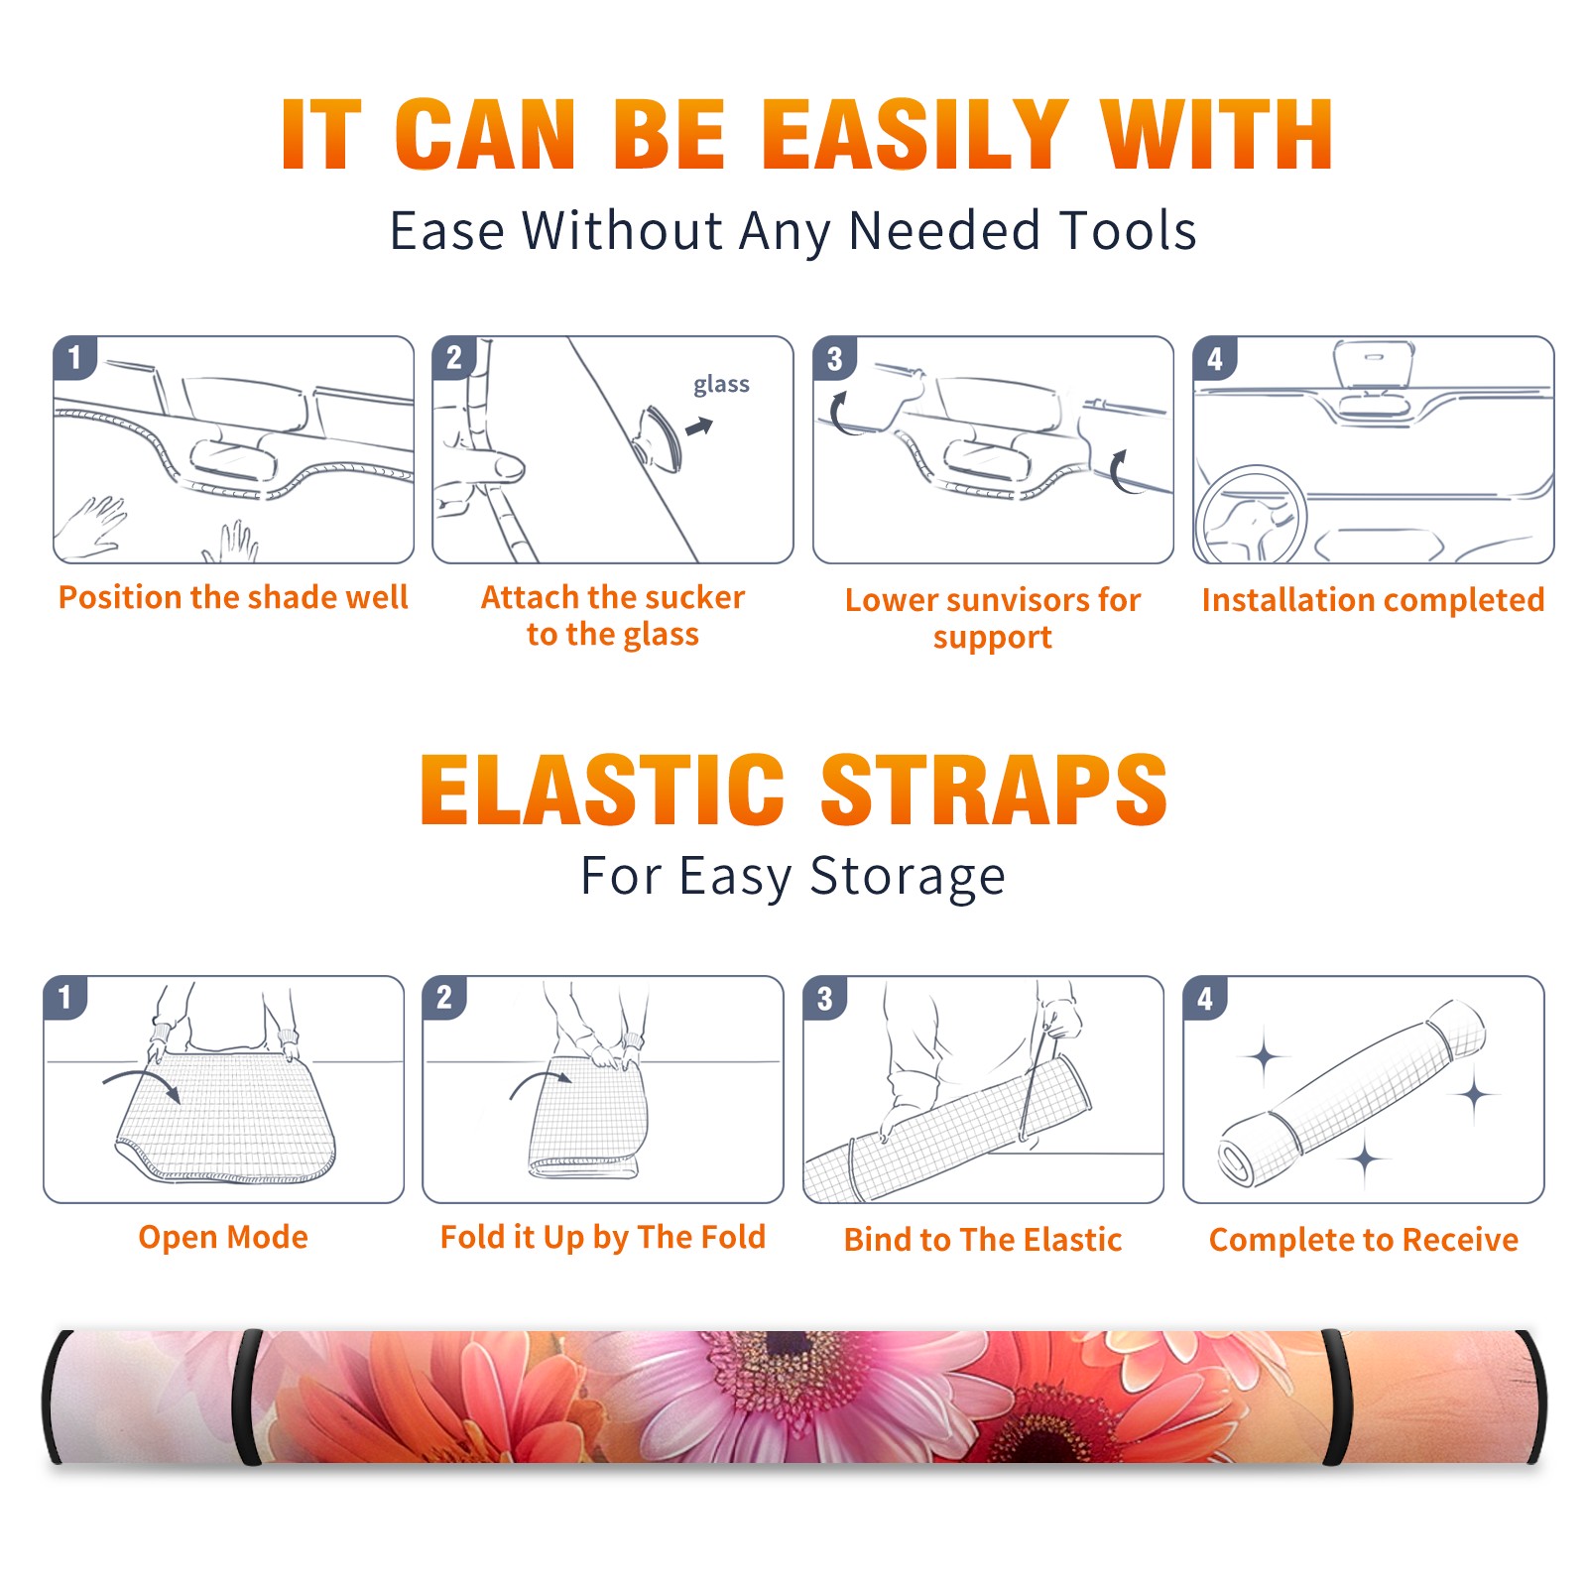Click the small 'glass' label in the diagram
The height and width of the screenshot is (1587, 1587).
click(x=721, y=385)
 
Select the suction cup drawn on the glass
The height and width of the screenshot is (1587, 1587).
click(x=659, y=437)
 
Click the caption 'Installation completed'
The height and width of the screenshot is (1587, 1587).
click(x=1373, y=600)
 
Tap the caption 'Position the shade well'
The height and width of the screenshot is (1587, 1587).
click(x=233, y=597)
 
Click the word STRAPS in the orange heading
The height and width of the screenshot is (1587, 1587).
click(x=994, y=790)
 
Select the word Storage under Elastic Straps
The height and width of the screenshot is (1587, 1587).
click(x=908, y=878)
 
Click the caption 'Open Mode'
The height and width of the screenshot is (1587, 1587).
click(x=223, y=1237)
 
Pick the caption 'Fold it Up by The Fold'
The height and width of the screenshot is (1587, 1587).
click(x=603, y=1237)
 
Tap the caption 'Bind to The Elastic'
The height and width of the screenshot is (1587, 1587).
click(x=983, y=1240)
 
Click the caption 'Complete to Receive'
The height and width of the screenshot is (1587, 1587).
click(x=1364, y=1240)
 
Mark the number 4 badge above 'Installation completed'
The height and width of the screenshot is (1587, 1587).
click(x=1215, y=358)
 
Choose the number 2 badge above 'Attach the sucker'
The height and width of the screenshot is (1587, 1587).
click(x=454, y=358)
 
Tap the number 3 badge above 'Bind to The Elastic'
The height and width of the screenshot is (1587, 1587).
click(x=825, y=998)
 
